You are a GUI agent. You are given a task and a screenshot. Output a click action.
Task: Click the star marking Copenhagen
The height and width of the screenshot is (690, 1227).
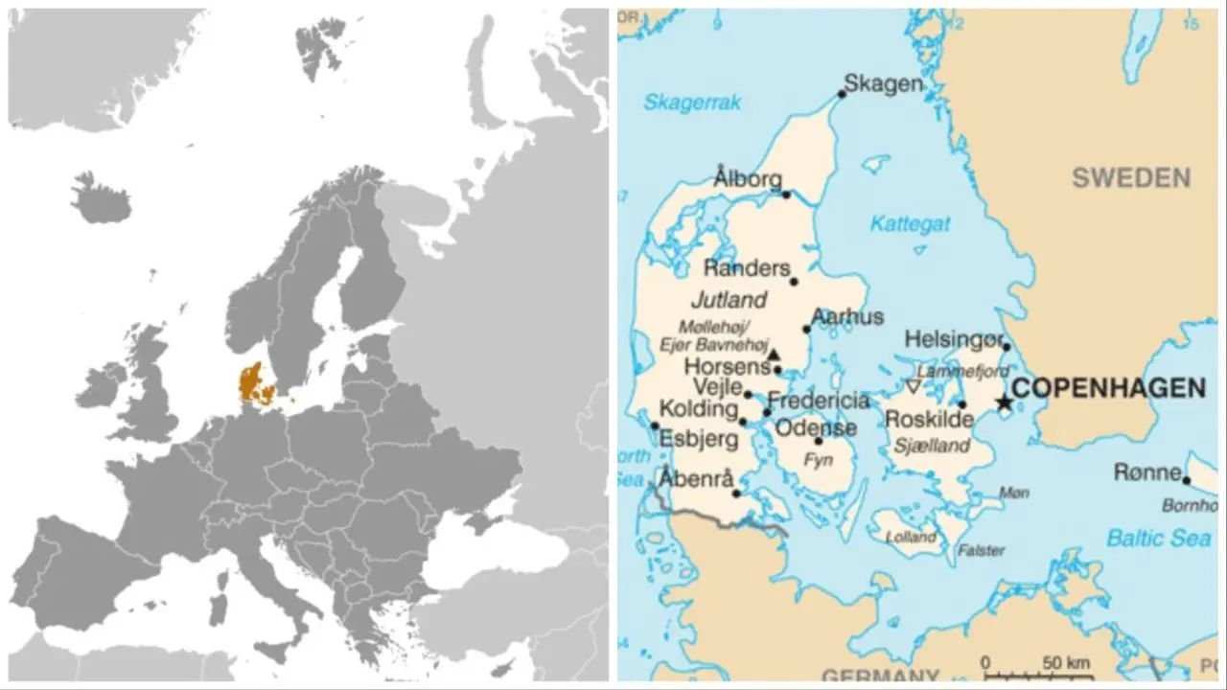click(1004, 402)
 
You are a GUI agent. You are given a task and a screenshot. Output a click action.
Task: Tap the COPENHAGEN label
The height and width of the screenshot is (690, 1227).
click(1109, 388)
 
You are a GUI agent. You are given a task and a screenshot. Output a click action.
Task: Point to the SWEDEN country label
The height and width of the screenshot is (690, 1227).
click(1131, 177)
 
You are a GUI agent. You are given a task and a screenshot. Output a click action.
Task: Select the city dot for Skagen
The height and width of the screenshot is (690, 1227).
click(842, 94)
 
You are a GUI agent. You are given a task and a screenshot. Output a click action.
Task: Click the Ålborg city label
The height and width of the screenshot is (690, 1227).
click(748, 179)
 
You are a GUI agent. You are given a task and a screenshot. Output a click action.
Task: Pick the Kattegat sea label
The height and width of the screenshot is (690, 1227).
click(910, 224)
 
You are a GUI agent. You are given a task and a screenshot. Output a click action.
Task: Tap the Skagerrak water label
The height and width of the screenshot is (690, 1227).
click(692, 103)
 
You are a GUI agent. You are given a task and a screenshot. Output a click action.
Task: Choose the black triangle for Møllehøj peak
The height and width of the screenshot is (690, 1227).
click(775, 354)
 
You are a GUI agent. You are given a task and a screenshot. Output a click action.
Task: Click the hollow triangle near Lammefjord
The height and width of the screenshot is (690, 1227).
click(913, 386)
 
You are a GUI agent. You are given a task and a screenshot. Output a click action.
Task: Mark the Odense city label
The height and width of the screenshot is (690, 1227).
click(816, 427)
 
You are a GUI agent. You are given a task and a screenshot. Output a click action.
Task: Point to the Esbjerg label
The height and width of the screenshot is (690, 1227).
click(699, 440)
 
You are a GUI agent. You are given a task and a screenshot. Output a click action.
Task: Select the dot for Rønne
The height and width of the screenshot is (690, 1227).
click(1187, 480)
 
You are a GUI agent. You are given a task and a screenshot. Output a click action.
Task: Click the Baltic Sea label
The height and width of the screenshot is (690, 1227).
click(1159, 539)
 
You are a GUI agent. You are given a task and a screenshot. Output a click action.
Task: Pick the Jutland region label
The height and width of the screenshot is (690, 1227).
click(734, 299)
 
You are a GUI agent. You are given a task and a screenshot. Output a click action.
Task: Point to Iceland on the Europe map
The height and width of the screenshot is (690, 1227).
click(100, 198)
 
